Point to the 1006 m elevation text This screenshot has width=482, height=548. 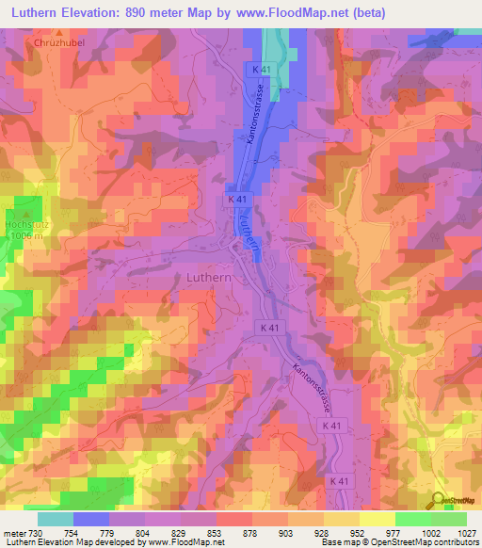[24, 237]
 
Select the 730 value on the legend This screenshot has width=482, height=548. [36, 533]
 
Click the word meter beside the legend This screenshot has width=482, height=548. [14, 533]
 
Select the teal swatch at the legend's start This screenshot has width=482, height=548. [55, 519]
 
